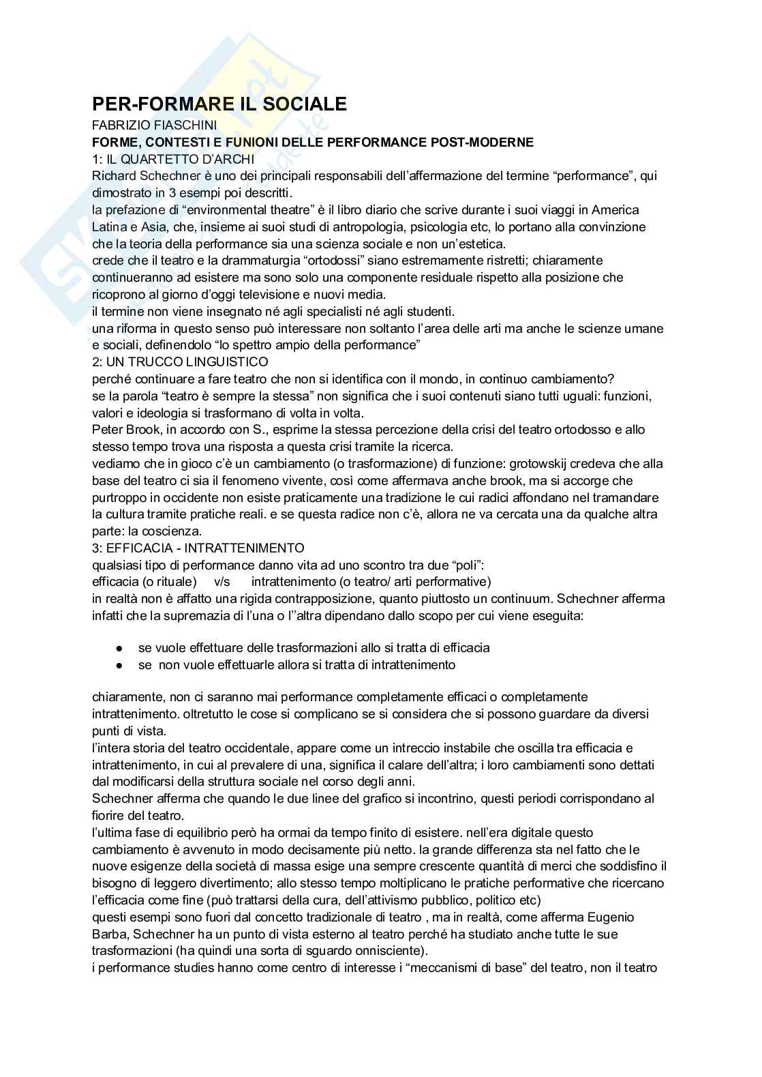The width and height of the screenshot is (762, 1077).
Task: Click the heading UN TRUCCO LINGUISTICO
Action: (187, 362)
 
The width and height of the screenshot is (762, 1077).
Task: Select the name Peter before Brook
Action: (107, 430)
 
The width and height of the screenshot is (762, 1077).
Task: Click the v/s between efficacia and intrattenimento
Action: (222, 582)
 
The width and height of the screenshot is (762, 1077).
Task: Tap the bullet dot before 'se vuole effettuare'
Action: (119, 648)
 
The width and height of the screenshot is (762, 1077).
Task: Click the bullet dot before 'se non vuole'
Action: (119, 665)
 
